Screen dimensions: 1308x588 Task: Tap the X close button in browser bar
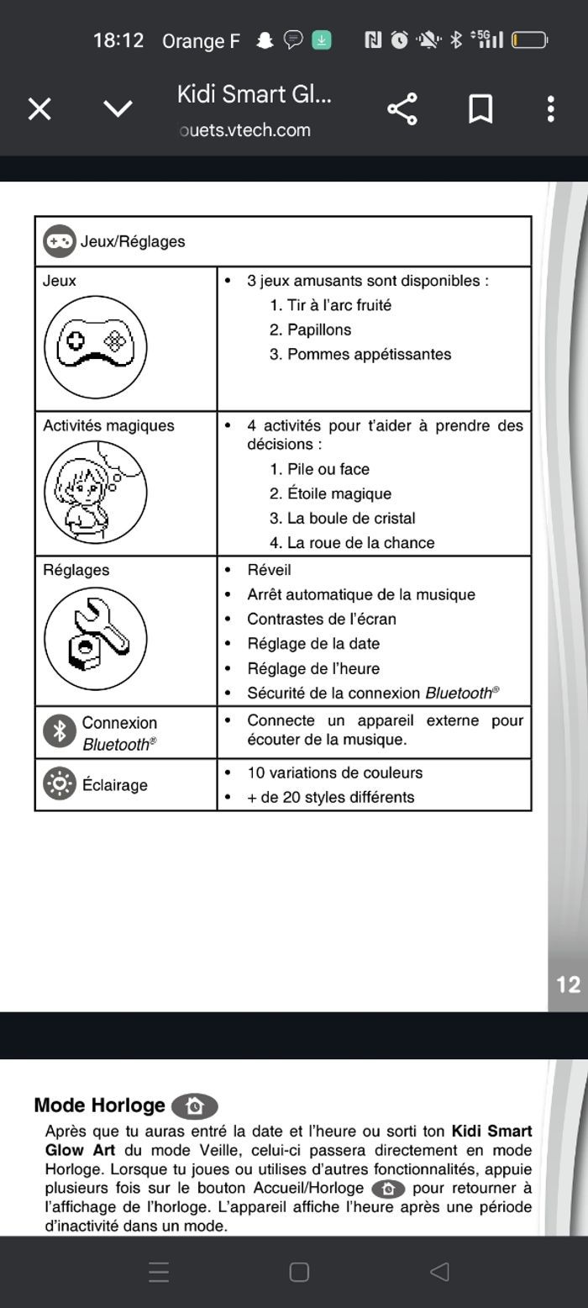pos(39,109)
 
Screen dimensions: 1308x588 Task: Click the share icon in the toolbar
pos(402,109)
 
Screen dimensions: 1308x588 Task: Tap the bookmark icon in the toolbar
pos(480,109)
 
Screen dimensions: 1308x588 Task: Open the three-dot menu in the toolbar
pos(550,109)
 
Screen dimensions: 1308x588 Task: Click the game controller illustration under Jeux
pos(95,346)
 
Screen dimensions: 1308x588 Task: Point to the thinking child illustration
pos(95,492)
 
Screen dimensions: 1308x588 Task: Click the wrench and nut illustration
pos(95,638)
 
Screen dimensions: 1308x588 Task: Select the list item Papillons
pos(319,330)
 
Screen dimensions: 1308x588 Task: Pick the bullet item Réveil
pos(269,570)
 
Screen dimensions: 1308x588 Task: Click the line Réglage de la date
pos(313,644)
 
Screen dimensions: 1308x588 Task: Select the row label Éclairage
pos(114,785)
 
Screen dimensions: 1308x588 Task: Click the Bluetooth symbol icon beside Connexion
pos(60,731)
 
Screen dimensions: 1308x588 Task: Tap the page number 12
pos(568,984)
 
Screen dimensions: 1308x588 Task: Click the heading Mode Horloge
pos(100,1105)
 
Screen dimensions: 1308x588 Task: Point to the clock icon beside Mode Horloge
pos(194,1106)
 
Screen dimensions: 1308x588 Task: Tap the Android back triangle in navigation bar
pos(439,1272)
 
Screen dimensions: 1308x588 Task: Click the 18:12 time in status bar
pos(118,40)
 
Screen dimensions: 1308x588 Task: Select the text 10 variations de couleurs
pos(334,773)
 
